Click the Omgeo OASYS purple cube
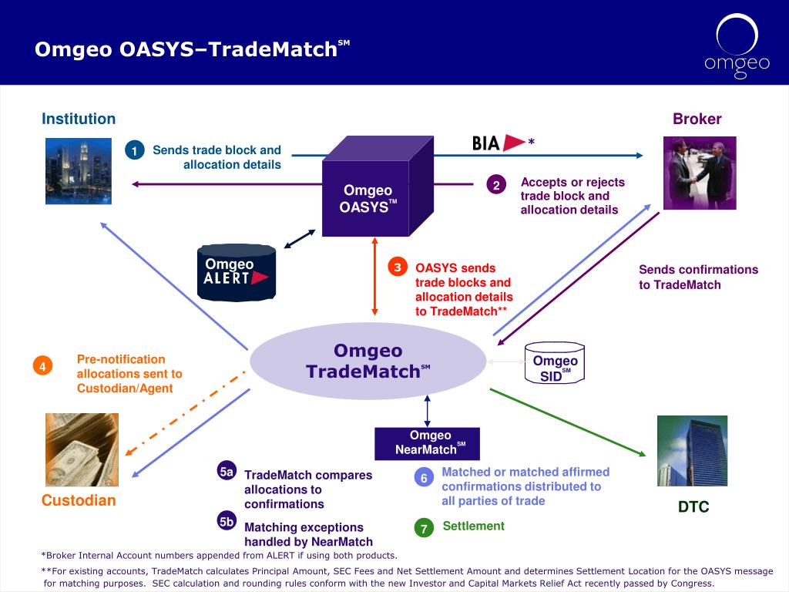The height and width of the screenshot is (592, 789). pyautogui.click(x=378, y=187)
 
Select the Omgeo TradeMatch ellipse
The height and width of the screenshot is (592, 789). pyautogui.click(x=368, y=361)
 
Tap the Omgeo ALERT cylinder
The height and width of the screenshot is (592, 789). pyautogui.click(x=237, y=272)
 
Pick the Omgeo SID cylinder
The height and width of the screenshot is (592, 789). pyautogui.click(x=555, y=363)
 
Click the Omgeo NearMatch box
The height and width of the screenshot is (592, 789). pyautogui.click(x=427, y=443)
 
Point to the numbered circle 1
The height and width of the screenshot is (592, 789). pyautogui.click(x=134, y=150)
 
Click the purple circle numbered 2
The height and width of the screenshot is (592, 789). pyautogui.click(x=496, y=185)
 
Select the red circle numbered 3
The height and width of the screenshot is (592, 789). pyautogui.click(x=398, y=267)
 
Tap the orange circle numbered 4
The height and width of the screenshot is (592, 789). pyautogui.click(x=43, y=366)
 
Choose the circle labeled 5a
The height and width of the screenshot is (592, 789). pyautogui.click(x=227, y=471)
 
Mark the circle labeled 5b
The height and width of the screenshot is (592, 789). pyautogui.click(x=227, y=521)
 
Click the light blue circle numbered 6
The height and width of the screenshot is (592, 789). pyautogui.click(x=424, y=478)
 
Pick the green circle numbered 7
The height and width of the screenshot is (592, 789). pyautogui.click(x=424, y=528)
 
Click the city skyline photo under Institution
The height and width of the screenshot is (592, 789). pyautogui.click(x=79, y=171)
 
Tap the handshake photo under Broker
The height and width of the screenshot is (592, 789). pyautogui.click(x=700, y=173)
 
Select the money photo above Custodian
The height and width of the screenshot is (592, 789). pyautogui.click(x=82, y=449)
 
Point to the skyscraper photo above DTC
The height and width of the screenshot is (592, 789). pyautogui.click(x=693, y=450)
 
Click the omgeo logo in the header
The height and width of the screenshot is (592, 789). pyautogui.click(x=737, y=46)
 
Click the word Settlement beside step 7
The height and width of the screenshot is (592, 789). pyautogui.click(x=474, y=526)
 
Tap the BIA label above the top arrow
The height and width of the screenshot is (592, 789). pyautogui.click(x=485, y=143)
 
